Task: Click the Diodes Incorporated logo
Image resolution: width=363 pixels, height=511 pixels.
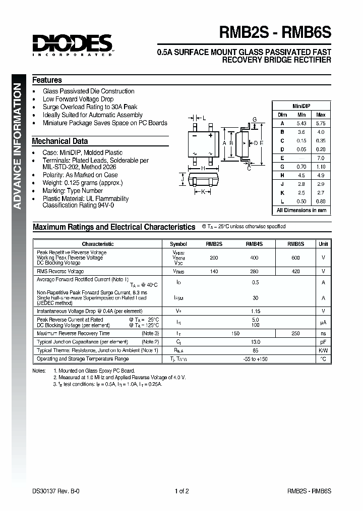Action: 73,44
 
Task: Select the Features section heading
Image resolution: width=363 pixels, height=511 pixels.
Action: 47,80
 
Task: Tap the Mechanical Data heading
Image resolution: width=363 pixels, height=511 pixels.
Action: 59,141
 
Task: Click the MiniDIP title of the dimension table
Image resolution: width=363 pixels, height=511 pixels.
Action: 301,106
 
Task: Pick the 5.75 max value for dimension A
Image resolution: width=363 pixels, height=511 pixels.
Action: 320,123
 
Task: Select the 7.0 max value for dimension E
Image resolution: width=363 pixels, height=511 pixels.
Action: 321,158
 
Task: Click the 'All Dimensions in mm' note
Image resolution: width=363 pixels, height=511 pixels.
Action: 301,210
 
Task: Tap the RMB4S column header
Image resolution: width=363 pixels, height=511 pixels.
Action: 254,244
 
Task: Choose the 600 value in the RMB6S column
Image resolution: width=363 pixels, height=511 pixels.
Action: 295,258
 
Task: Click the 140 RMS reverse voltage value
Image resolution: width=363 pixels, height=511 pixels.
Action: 214,272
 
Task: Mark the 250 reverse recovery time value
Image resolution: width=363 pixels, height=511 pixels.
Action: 295,333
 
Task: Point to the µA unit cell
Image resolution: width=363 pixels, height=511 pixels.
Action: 323,322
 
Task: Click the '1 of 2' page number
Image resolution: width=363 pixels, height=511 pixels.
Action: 181,491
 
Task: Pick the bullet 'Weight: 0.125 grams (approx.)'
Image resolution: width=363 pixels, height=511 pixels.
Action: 83,183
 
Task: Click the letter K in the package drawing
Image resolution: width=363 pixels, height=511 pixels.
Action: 203,192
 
